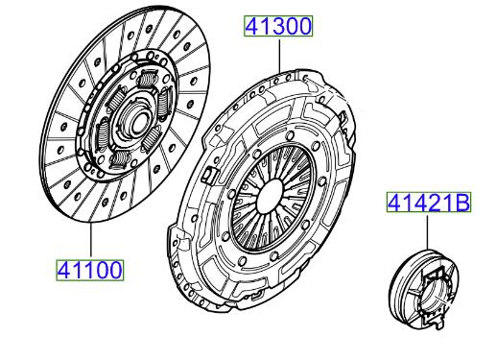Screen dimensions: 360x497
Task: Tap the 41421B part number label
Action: click(x=429, y=203)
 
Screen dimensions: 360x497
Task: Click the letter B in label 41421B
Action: click(x=461, y=203)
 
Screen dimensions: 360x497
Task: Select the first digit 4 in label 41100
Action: click(x=61, y=271)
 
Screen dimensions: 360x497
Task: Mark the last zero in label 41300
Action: click(x=303, y=27)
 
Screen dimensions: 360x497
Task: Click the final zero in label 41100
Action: click(x=114, y=271)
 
